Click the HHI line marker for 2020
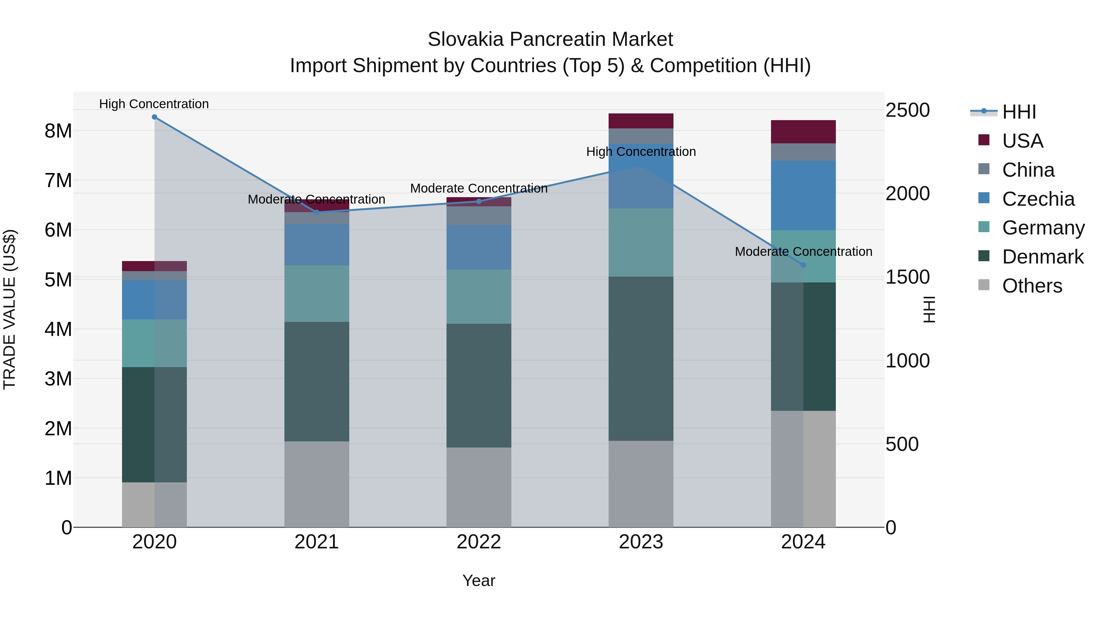[154, 117]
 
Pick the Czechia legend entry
[1038, 199]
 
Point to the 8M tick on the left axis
[58, 131]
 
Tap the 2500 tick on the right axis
[907, 110]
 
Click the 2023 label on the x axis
[641, 542]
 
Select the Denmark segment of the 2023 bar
[641, 359]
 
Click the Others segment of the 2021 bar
[317, 484]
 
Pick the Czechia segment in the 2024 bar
[803, 195]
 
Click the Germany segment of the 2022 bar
[479, 297]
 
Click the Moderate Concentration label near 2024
[803, 252]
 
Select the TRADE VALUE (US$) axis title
[9, 309]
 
